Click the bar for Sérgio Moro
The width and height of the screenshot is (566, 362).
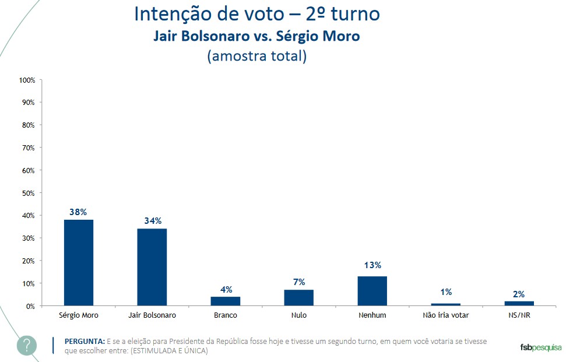tap(78, 262)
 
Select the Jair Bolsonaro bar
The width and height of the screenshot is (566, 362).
tap(152, 267)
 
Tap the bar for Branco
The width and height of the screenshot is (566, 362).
tap(225, 301)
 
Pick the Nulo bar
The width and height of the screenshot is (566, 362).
tap(298, 297)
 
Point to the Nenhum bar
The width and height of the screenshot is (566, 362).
tap(372, 290)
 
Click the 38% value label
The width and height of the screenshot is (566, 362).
tap(78, 212)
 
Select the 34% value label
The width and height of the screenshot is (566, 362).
tap(153, 221)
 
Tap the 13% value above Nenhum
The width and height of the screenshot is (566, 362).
tap(372, 265)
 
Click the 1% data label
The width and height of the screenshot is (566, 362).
tap(446, 292)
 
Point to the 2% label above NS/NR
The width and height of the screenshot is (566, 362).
tap(519, 294)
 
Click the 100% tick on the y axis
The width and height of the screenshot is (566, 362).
tap(27, 79)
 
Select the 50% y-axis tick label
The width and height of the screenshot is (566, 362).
tap(29, 193)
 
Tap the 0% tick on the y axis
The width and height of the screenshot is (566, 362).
tap(30, 306)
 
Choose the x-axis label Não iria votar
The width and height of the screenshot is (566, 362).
tap(446, 315)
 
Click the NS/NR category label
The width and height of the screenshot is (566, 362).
tap(519, 315)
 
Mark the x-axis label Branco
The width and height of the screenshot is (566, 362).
tap(225, 315)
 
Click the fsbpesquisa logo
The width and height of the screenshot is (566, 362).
tap(540, 347)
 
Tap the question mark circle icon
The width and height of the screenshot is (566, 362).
tap(27, 345)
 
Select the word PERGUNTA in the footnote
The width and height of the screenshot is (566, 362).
tap(85, 341)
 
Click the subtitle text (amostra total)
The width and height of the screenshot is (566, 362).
tap(256, 56)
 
